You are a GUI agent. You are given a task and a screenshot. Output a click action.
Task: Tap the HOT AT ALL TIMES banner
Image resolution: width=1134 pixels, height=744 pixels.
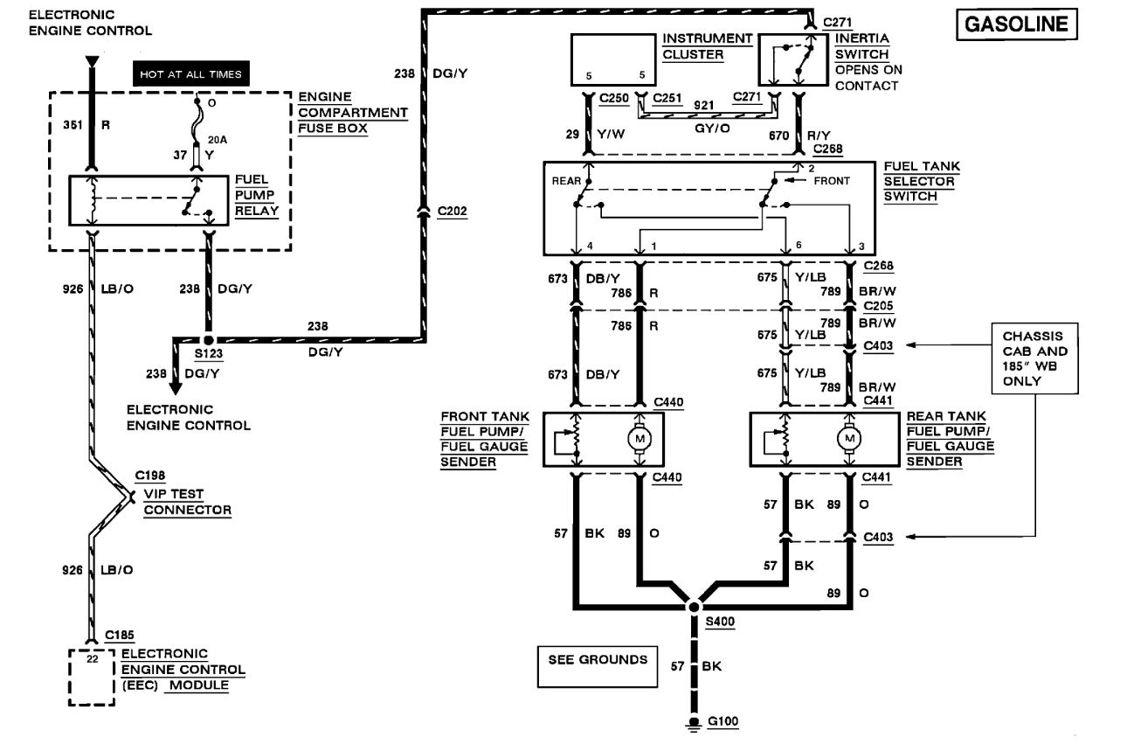click(x=187, y=75)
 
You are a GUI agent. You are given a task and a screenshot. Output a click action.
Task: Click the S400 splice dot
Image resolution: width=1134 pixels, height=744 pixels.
click(x=694, y=606)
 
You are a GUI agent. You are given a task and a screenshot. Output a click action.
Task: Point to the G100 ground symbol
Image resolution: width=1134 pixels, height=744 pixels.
click(x=694, y=722)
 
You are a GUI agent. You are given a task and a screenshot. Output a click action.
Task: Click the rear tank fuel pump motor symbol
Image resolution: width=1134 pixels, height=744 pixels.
click(x=847, y=438)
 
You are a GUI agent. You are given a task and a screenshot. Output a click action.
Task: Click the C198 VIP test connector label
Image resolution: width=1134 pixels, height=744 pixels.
click(x=149, y=476)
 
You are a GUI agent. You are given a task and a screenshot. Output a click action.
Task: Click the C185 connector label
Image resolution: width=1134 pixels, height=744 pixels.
click(x=119, y=636)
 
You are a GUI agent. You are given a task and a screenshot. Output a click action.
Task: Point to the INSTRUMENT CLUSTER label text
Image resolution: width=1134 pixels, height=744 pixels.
click(x=706, y=46)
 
